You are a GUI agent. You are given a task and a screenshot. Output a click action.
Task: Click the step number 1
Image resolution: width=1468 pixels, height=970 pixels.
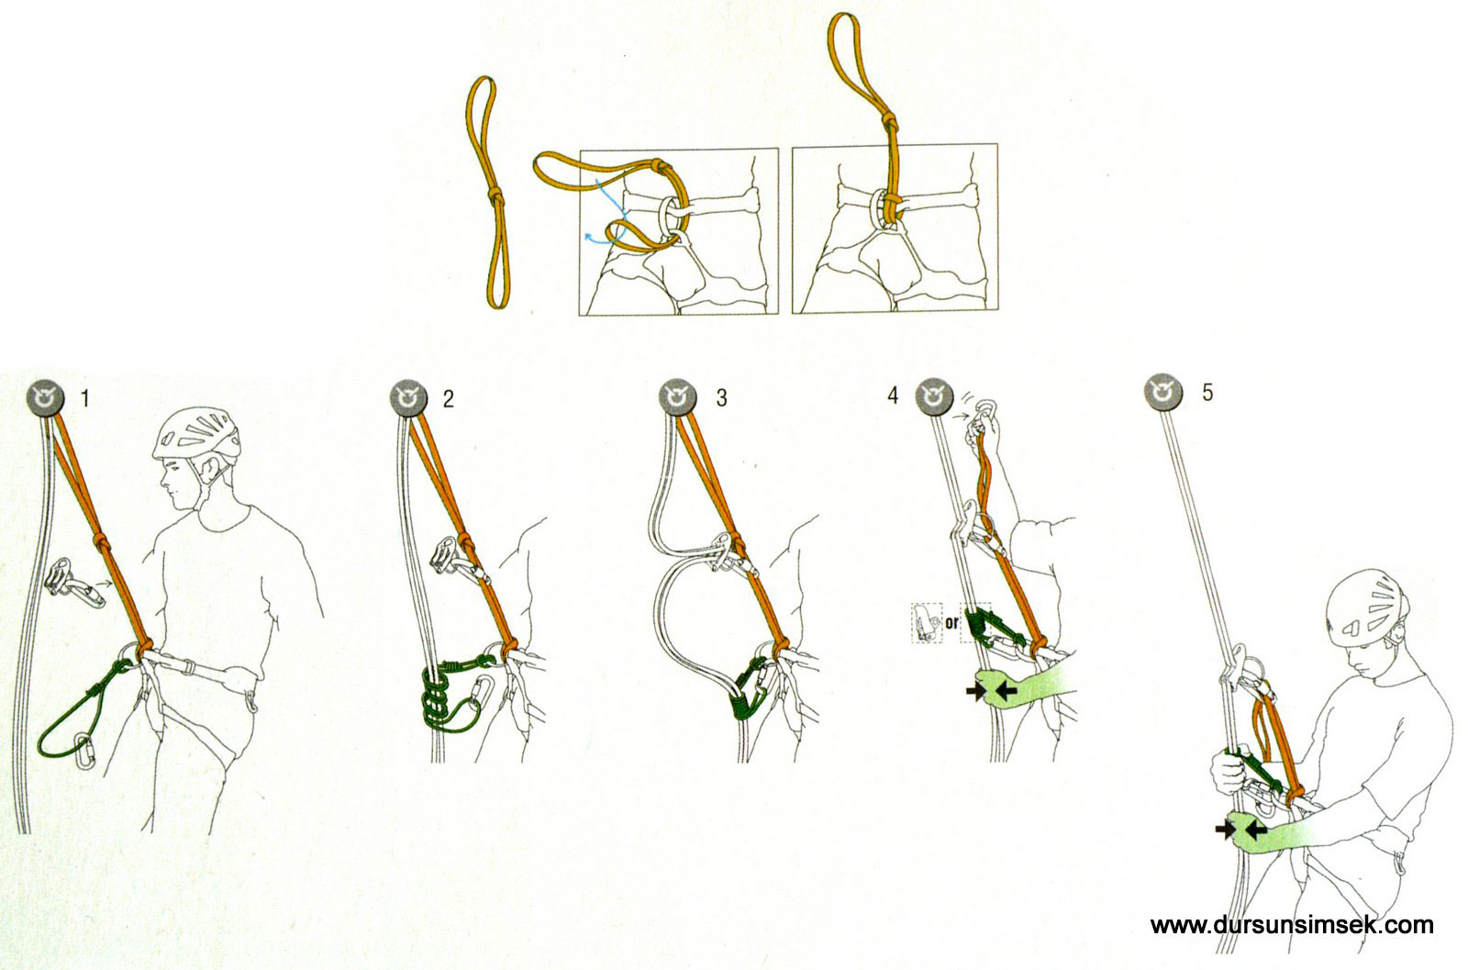click(84, 398)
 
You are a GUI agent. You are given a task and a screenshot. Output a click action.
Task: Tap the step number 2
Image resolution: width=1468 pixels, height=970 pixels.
click(449, 398)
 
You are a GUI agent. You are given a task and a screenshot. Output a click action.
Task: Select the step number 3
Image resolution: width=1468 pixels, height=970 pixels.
click(721, 398)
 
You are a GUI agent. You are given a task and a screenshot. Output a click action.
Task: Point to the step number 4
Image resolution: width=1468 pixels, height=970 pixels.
click(893, 396)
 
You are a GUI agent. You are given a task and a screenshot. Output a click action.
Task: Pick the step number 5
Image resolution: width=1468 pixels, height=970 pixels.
click(1207, 393)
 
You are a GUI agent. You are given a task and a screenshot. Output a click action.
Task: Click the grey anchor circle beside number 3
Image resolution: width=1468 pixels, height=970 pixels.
click(678, 397)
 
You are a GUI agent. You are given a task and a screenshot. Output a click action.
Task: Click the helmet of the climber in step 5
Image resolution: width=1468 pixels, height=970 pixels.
click(1367, 611)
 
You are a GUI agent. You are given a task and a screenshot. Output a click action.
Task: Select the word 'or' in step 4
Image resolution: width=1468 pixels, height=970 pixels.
click(951, 621)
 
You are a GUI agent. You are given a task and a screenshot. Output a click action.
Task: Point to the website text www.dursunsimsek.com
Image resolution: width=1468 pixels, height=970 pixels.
click(1292, 925)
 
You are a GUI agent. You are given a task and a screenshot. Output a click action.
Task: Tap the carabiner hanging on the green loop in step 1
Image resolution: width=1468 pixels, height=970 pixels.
click(85, 751)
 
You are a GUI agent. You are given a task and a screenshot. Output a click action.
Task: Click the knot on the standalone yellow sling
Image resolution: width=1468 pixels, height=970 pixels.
click(496, 196)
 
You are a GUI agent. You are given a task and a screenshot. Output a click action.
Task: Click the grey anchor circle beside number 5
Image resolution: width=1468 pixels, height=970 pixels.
click(1163, 392)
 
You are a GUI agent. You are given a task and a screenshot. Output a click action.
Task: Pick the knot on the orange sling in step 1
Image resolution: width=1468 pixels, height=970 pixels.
click(103, 541)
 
